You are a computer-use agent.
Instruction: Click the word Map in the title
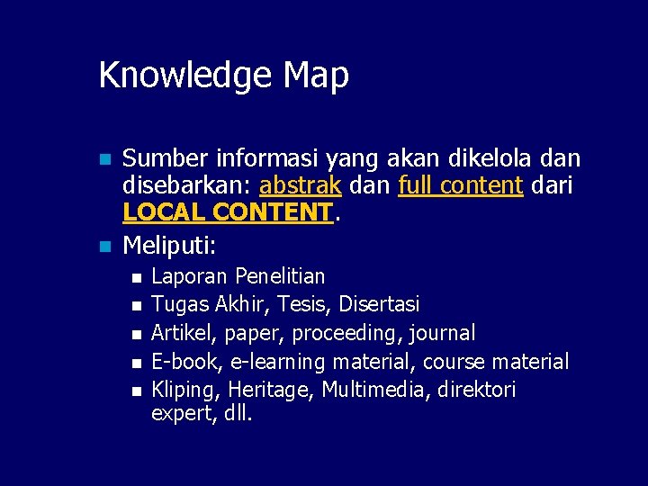pos(315,76)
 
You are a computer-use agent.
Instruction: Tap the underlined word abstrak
pos(299,186)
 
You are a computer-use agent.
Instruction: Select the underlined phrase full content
pos(460,186)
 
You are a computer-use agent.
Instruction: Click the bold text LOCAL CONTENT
pos(227,213)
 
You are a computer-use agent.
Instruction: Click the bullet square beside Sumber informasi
pos(104,160)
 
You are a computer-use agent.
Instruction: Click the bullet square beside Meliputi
pos(104,246)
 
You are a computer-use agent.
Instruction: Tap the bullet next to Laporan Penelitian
pos(135,277)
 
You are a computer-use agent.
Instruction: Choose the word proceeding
pos(349,334)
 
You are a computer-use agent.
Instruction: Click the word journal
pos(442,334)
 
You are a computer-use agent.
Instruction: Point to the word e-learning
pos(278,362)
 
